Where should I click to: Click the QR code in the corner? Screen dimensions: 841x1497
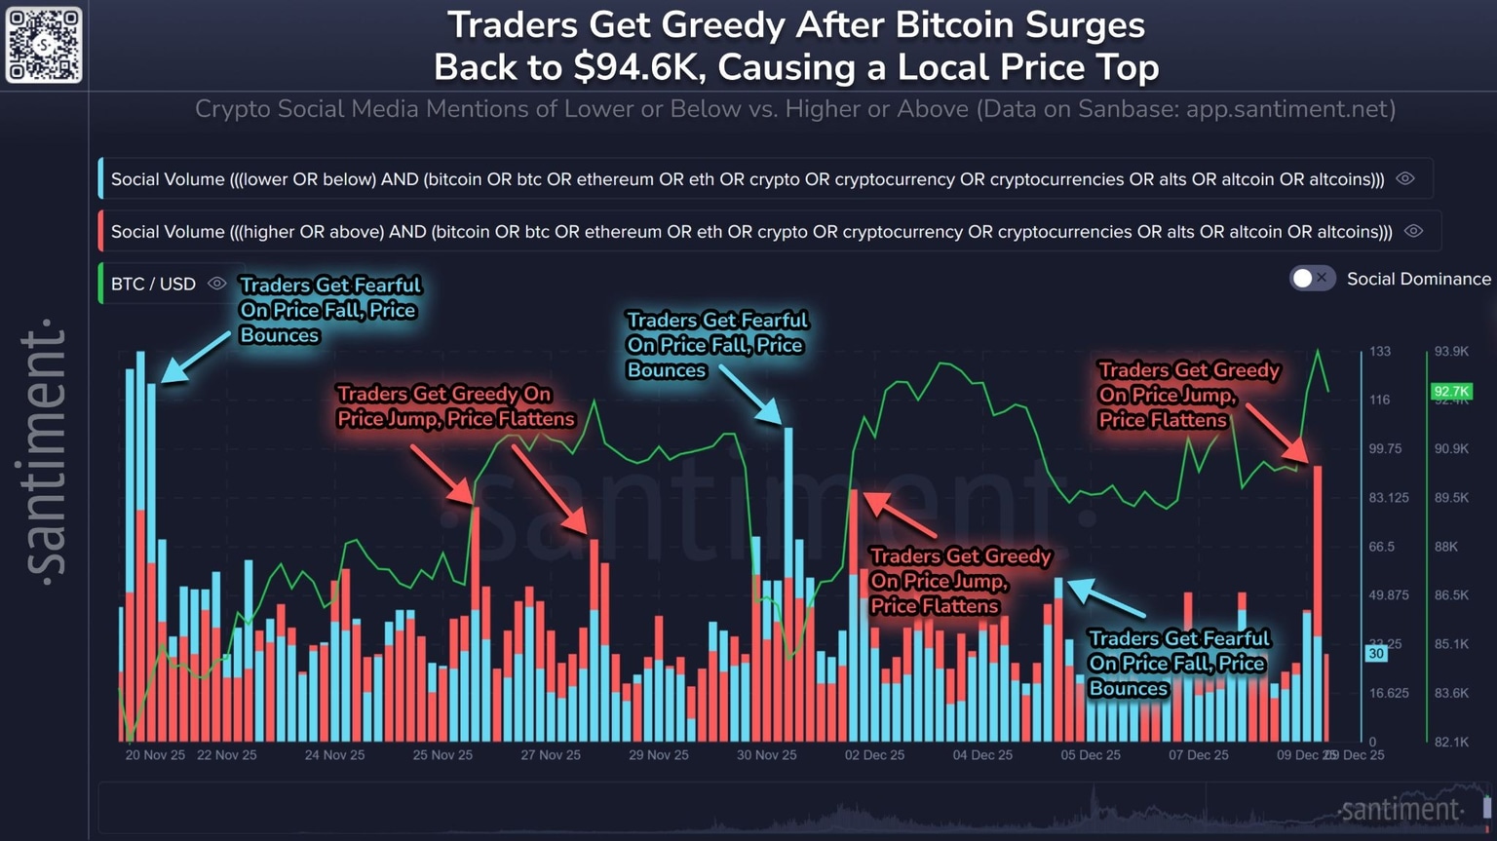[x=44, y=45]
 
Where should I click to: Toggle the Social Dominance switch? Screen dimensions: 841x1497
[x=1312, y=279]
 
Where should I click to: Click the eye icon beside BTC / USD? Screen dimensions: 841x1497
[x=217, y=284]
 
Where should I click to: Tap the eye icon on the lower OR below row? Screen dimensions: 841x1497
[x=1405, y=179]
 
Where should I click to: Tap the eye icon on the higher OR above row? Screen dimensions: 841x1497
[x=1414, y=232]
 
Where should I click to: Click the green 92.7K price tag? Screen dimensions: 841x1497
[x=1450, y=392]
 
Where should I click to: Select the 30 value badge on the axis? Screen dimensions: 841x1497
[x=1376, y=654]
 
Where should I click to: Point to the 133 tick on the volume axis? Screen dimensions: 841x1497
[x=1380, y=352]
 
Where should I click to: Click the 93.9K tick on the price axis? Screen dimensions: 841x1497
[x=1451, y=352]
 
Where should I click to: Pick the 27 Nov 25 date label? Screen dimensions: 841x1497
[x=551, y=755]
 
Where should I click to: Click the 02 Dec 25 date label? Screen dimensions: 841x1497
[x=874, y=755]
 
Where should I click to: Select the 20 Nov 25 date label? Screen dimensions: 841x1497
[x=155, y=755]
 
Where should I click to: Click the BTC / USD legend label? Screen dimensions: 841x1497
[x=153, y=284]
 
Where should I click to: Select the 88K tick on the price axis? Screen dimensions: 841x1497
[x=1446, y=547]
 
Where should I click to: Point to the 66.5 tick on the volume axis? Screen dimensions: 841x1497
[x=1382, y=547]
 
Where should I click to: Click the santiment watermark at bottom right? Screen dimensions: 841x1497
[x=1401, y=810]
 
